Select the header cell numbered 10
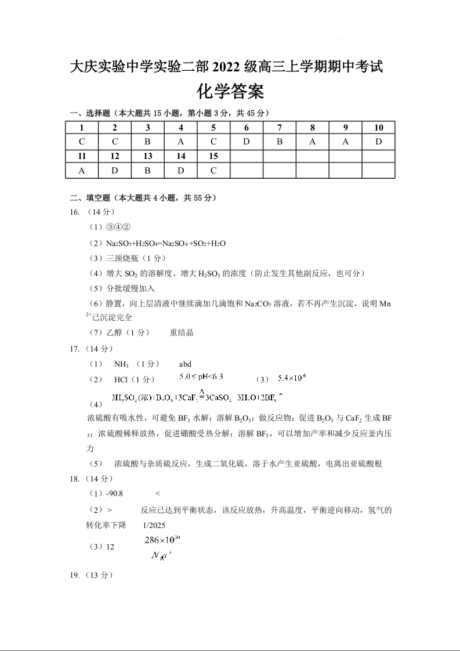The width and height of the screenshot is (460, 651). coord(378,128)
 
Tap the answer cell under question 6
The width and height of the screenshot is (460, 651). coord(247,142)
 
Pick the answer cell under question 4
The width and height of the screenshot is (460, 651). coord(181,142)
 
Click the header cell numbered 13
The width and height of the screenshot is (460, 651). coord(148,156)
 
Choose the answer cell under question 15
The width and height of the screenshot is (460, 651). coord(213,171)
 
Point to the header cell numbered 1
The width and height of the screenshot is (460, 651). coord(82,128)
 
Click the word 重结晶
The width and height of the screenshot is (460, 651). coord(182,333)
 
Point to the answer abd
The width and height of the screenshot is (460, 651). coord(185,364)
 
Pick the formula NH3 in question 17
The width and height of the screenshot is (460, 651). coord(121,364)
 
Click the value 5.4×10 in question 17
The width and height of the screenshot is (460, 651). coord(291,378)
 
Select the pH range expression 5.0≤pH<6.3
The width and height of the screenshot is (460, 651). coord(201,377)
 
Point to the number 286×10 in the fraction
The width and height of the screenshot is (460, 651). coord(162,540)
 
